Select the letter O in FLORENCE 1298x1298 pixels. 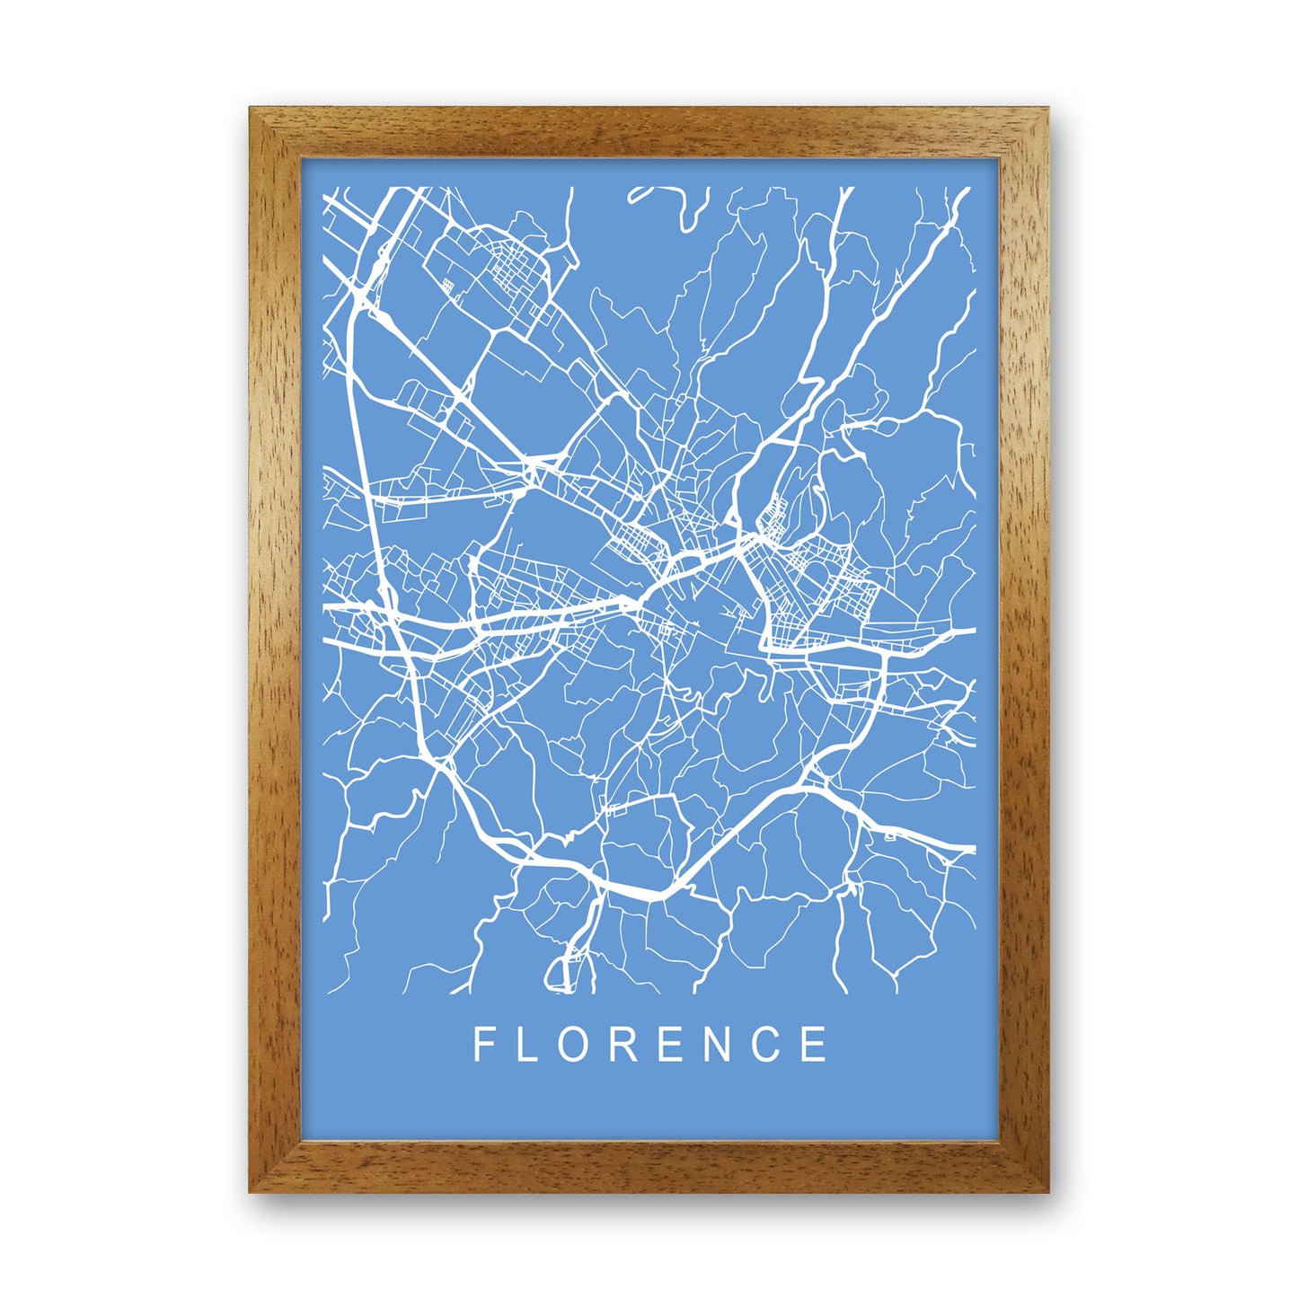(578, 1044)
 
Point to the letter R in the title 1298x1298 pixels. (627, 1044)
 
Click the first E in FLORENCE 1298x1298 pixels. (674, 1044)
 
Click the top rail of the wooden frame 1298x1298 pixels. (649, 133)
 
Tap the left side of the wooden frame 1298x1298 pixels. (275, 649)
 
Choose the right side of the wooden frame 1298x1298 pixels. (1022, 649)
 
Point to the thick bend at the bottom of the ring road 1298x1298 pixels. (647, 895)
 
